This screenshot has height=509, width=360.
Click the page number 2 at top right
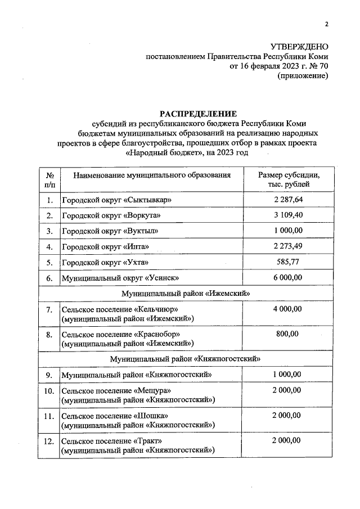pos(326,24)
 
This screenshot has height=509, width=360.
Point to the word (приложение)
pos(303,76)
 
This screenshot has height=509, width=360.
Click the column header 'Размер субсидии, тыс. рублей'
pos(289,179)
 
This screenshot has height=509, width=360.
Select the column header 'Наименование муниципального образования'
pos(152,175)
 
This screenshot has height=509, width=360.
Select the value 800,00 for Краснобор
pos(289,334)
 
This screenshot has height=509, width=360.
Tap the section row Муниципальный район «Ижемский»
pos(186,293)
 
